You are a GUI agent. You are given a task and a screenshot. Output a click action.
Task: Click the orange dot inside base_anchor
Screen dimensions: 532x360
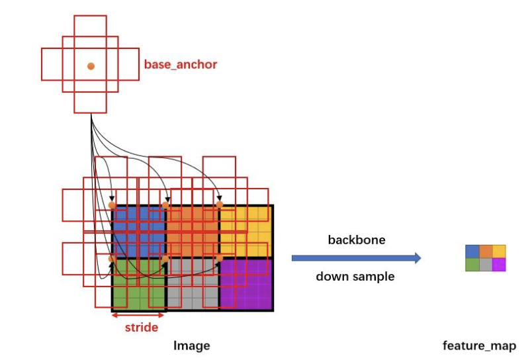tap(91, 66)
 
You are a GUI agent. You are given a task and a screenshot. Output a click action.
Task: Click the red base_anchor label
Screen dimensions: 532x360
tap(181, 64)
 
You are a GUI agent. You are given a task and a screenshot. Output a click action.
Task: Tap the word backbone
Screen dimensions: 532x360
tap(357, 240)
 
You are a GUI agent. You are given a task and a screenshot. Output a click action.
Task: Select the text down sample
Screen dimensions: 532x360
tap(355, 276)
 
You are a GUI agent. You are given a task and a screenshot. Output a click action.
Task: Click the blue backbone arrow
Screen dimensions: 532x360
tap(356, 258)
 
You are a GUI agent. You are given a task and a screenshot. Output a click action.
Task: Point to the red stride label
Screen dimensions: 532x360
tap(142, 328)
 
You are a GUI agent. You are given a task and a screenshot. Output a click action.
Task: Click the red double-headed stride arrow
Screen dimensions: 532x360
tap(138, 315)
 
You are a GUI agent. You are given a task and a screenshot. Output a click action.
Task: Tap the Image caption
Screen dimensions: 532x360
tap(192, 345)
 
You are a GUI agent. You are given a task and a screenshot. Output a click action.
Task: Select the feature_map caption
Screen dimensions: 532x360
tap(480, 345)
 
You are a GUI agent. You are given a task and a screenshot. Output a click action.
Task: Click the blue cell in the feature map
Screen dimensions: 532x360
tap(472, 251)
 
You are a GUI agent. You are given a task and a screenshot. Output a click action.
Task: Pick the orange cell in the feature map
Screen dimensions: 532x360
tap(486, 251)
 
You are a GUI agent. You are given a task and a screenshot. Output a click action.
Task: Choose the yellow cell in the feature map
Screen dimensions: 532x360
tap(499, 251)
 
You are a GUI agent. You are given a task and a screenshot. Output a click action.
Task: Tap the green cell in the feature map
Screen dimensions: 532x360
tap(472, 265)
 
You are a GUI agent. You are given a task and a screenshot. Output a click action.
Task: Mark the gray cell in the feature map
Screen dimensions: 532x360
tap(486, 265)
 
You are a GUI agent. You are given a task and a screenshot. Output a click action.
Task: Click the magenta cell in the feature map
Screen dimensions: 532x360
tap(499, 265)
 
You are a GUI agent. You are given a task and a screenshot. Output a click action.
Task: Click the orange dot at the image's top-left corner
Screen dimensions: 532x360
tap(112, 205)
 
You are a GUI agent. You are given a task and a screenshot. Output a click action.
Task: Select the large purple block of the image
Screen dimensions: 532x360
tap(246, 285)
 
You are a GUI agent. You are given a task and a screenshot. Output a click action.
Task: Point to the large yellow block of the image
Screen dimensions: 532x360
tap(246, 232)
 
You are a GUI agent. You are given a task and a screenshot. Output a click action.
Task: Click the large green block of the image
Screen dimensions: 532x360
tap(139, 285)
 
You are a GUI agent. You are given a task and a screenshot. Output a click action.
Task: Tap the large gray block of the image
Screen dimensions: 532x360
tap(193, 285)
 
